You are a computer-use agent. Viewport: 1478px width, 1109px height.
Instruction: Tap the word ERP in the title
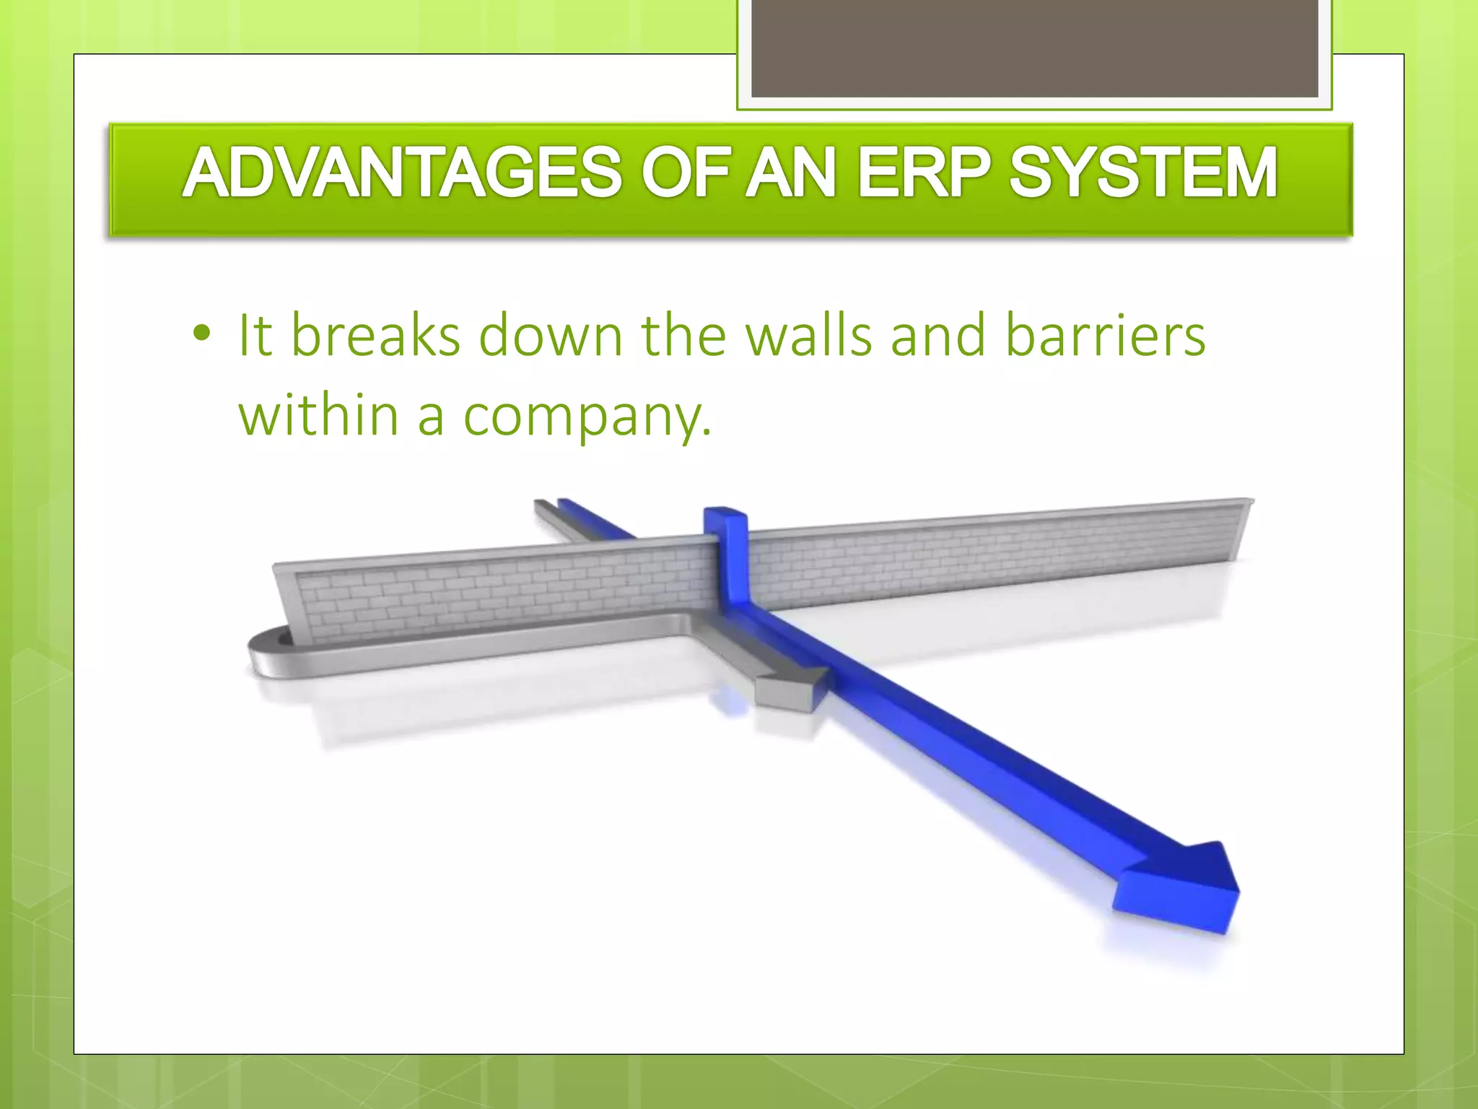(x=923, y=173)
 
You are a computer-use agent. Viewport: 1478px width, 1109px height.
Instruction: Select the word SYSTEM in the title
(x=1143, y=173)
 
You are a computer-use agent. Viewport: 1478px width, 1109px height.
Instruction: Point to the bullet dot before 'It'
(x=202, y=334)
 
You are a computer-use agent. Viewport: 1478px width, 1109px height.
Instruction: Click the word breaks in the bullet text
(x=375, y=336)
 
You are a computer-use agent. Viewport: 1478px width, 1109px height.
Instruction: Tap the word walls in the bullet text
(x=808, y=336)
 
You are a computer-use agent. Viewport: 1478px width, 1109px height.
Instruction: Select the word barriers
(x=1105, y=336)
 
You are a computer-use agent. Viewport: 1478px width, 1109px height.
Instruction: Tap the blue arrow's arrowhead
(x=1184, y=888)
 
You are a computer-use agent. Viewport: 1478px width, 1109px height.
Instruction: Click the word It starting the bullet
(x=255, y=336)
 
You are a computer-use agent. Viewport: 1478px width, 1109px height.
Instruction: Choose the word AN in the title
(x=791, y=173)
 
